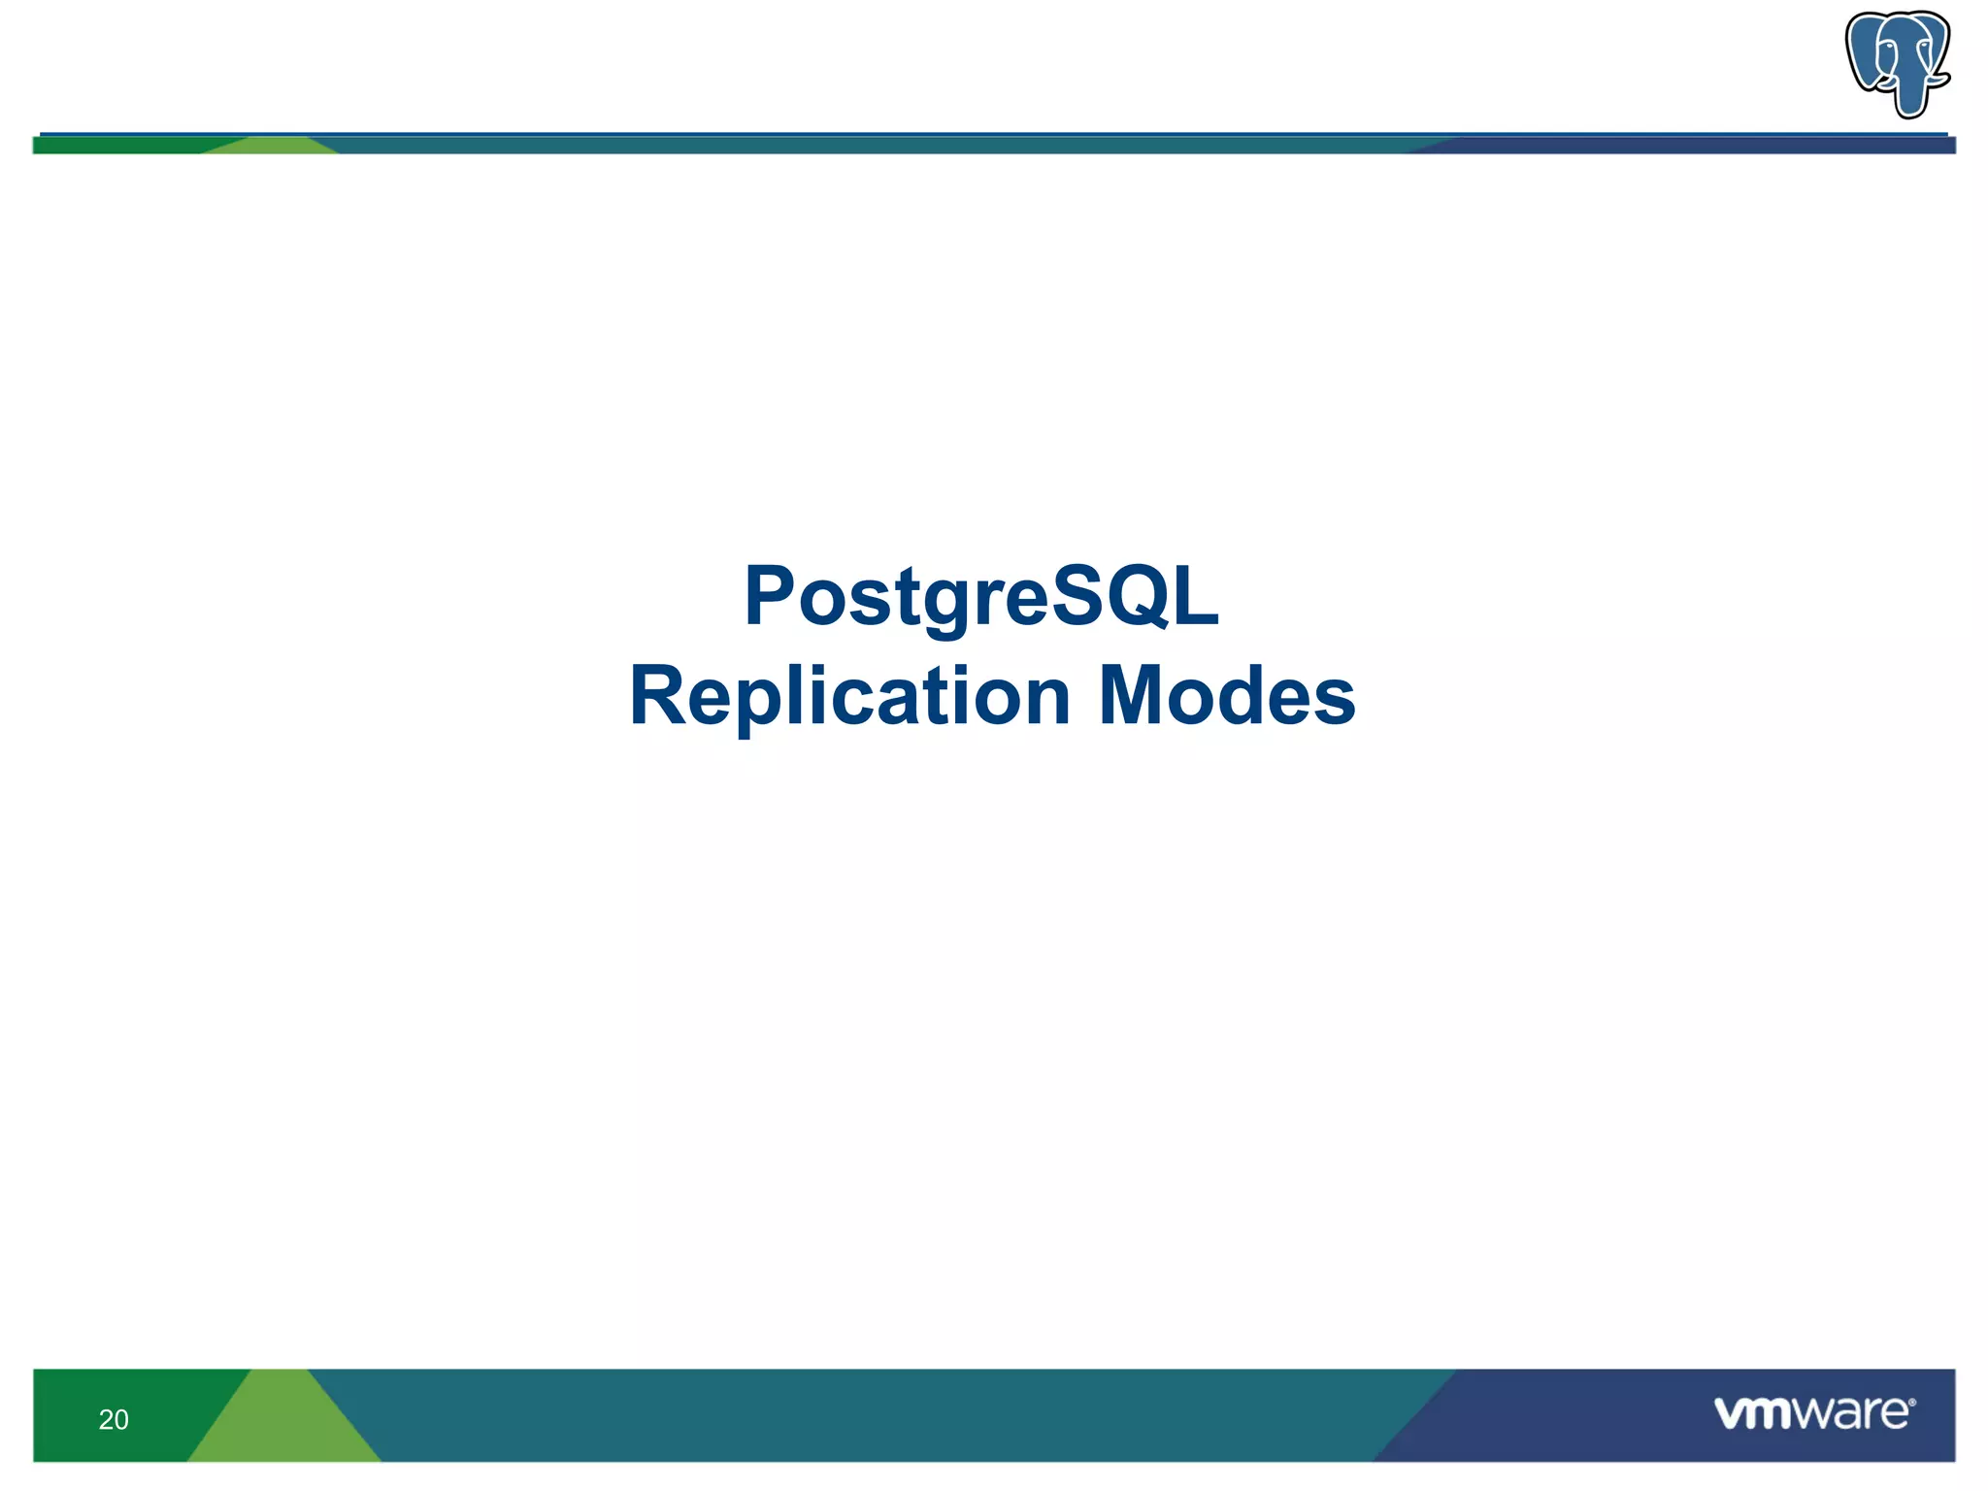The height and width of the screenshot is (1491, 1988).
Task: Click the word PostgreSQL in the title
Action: [981, 597]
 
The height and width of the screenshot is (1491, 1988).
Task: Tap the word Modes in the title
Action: [1227, 697]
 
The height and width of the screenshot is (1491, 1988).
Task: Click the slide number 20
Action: [114, 1419]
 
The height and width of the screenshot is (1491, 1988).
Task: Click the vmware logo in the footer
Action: [1811, 1413]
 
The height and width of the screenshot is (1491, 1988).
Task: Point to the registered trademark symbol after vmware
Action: [1911, 1403]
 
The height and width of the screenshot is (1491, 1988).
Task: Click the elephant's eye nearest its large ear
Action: [1890, 46]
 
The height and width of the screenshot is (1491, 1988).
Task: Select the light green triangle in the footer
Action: [283, 1427]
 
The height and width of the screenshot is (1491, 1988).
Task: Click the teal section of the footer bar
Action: [874, 1415]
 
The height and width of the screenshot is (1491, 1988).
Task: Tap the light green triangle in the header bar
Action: [272, 147]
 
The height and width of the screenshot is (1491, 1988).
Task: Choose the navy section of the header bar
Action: [1699, 146]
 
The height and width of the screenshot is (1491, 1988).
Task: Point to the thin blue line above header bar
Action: [971, 133]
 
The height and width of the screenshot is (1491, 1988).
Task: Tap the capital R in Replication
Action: [659, 697]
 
